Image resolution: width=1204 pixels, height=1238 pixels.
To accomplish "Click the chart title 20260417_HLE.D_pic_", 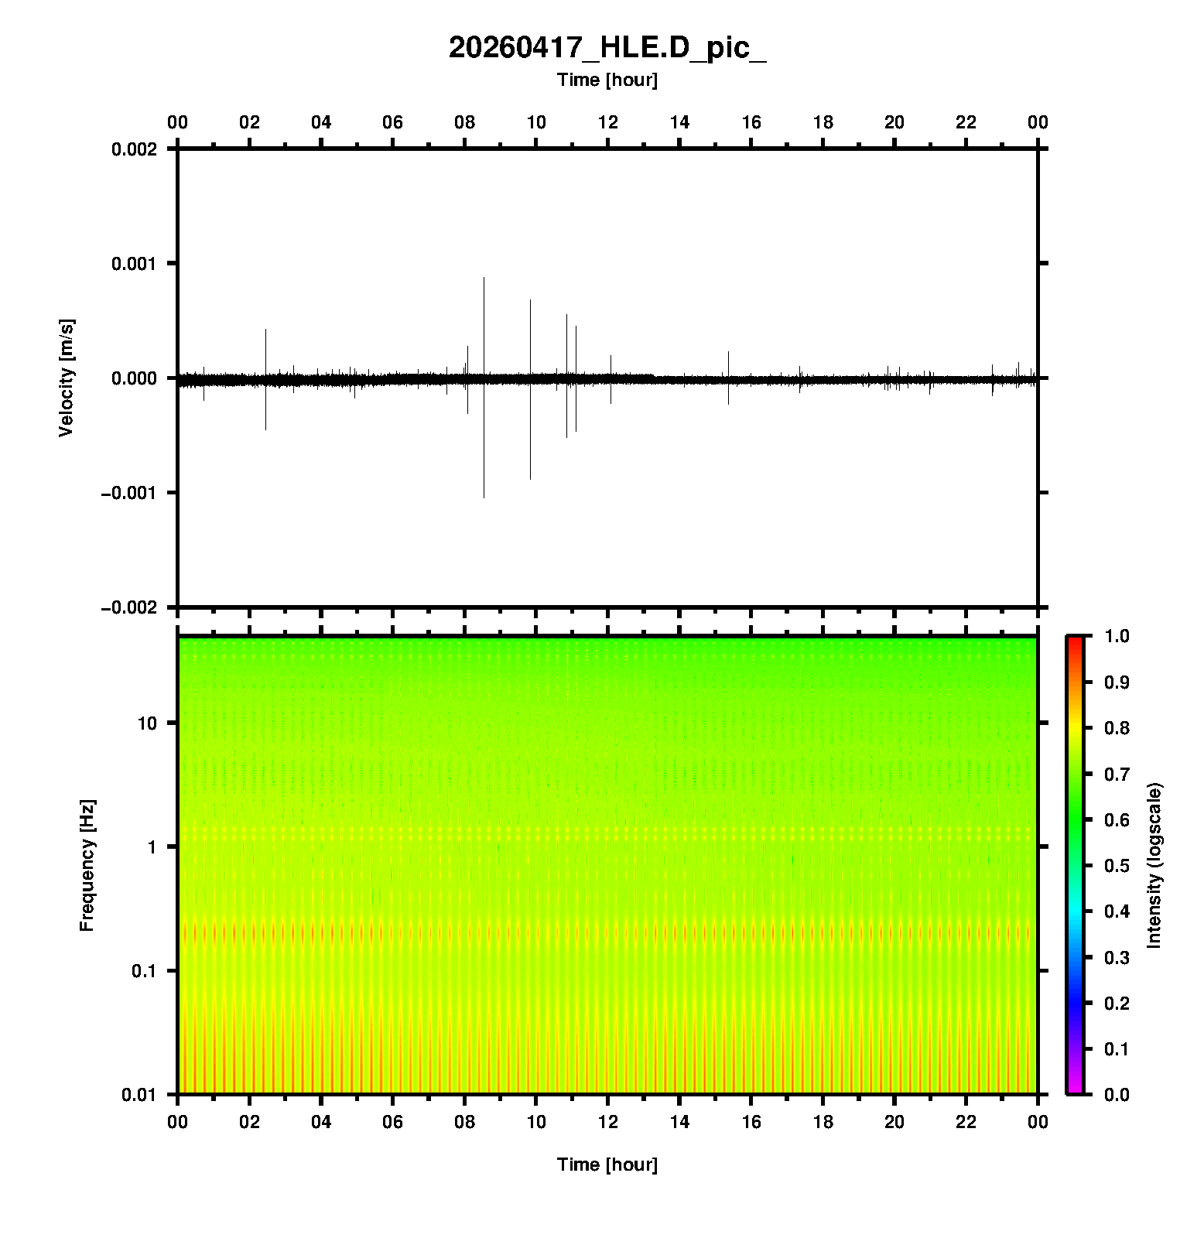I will (607, 48).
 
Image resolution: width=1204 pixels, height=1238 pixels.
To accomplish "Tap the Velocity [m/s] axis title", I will (67, 378).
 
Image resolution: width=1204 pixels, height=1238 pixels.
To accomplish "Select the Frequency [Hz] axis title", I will (87, 865).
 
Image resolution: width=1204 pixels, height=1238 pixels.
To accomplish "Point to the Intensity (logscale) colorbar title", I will (1154, 865).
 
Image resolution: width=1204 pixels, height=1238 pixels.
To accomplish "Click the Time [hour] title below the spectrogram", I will (607, 1164).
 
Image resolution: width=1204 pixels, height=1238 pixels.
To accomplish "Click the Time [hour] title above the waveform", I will (607, 80).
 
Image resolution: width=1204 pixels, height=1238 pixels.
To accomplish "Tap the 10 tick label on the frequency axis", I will (147, 723).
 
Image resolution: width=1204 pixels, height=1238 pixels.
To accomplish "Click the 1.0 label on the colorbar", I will (1117, 636).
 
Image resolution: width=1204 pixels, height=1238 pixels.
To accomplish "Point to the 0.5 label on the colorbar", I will (1117, 865).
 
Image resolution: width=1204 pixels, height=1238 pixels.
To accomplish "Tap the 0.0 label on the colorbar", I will (1117, 1094).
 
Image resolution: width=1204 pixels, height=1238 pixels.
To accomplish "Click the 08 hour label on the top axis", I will (464, 122).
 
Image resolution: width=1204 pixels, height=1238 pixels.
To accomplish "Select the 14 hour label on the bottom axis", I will (679, 1122).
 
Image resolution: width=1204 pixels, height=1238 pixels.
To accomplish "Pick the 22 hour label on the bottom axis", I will (966, 1122).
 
